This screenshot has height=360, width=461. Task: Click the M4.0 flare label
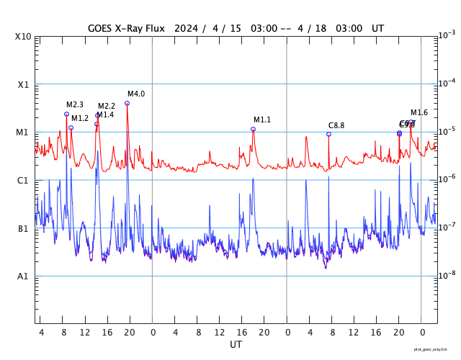click(136, 94)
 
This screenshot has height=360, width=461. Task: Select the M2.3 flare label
click(75, 104)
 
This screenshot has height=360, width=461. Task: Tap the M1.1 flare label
click(262, 120)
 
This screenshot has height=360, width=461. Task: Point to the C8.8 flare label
click(336, 125)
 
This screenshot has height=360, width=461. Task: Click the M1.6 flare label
click(419, 112)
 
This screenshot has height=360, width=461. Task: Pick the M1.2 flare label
click(80, 118)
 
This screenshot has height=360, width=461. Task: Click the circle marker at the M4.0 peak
click(127, 103)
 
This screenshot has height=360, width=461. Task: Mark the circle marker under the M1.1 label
click(253, 129)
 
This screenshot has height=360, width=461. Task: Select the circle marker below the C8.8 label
click(328, 134)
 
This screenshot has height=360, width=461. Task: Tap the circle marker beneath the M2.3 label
click(66, 114)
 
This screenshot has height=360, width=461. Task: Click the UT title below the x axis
click(236, 345)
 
